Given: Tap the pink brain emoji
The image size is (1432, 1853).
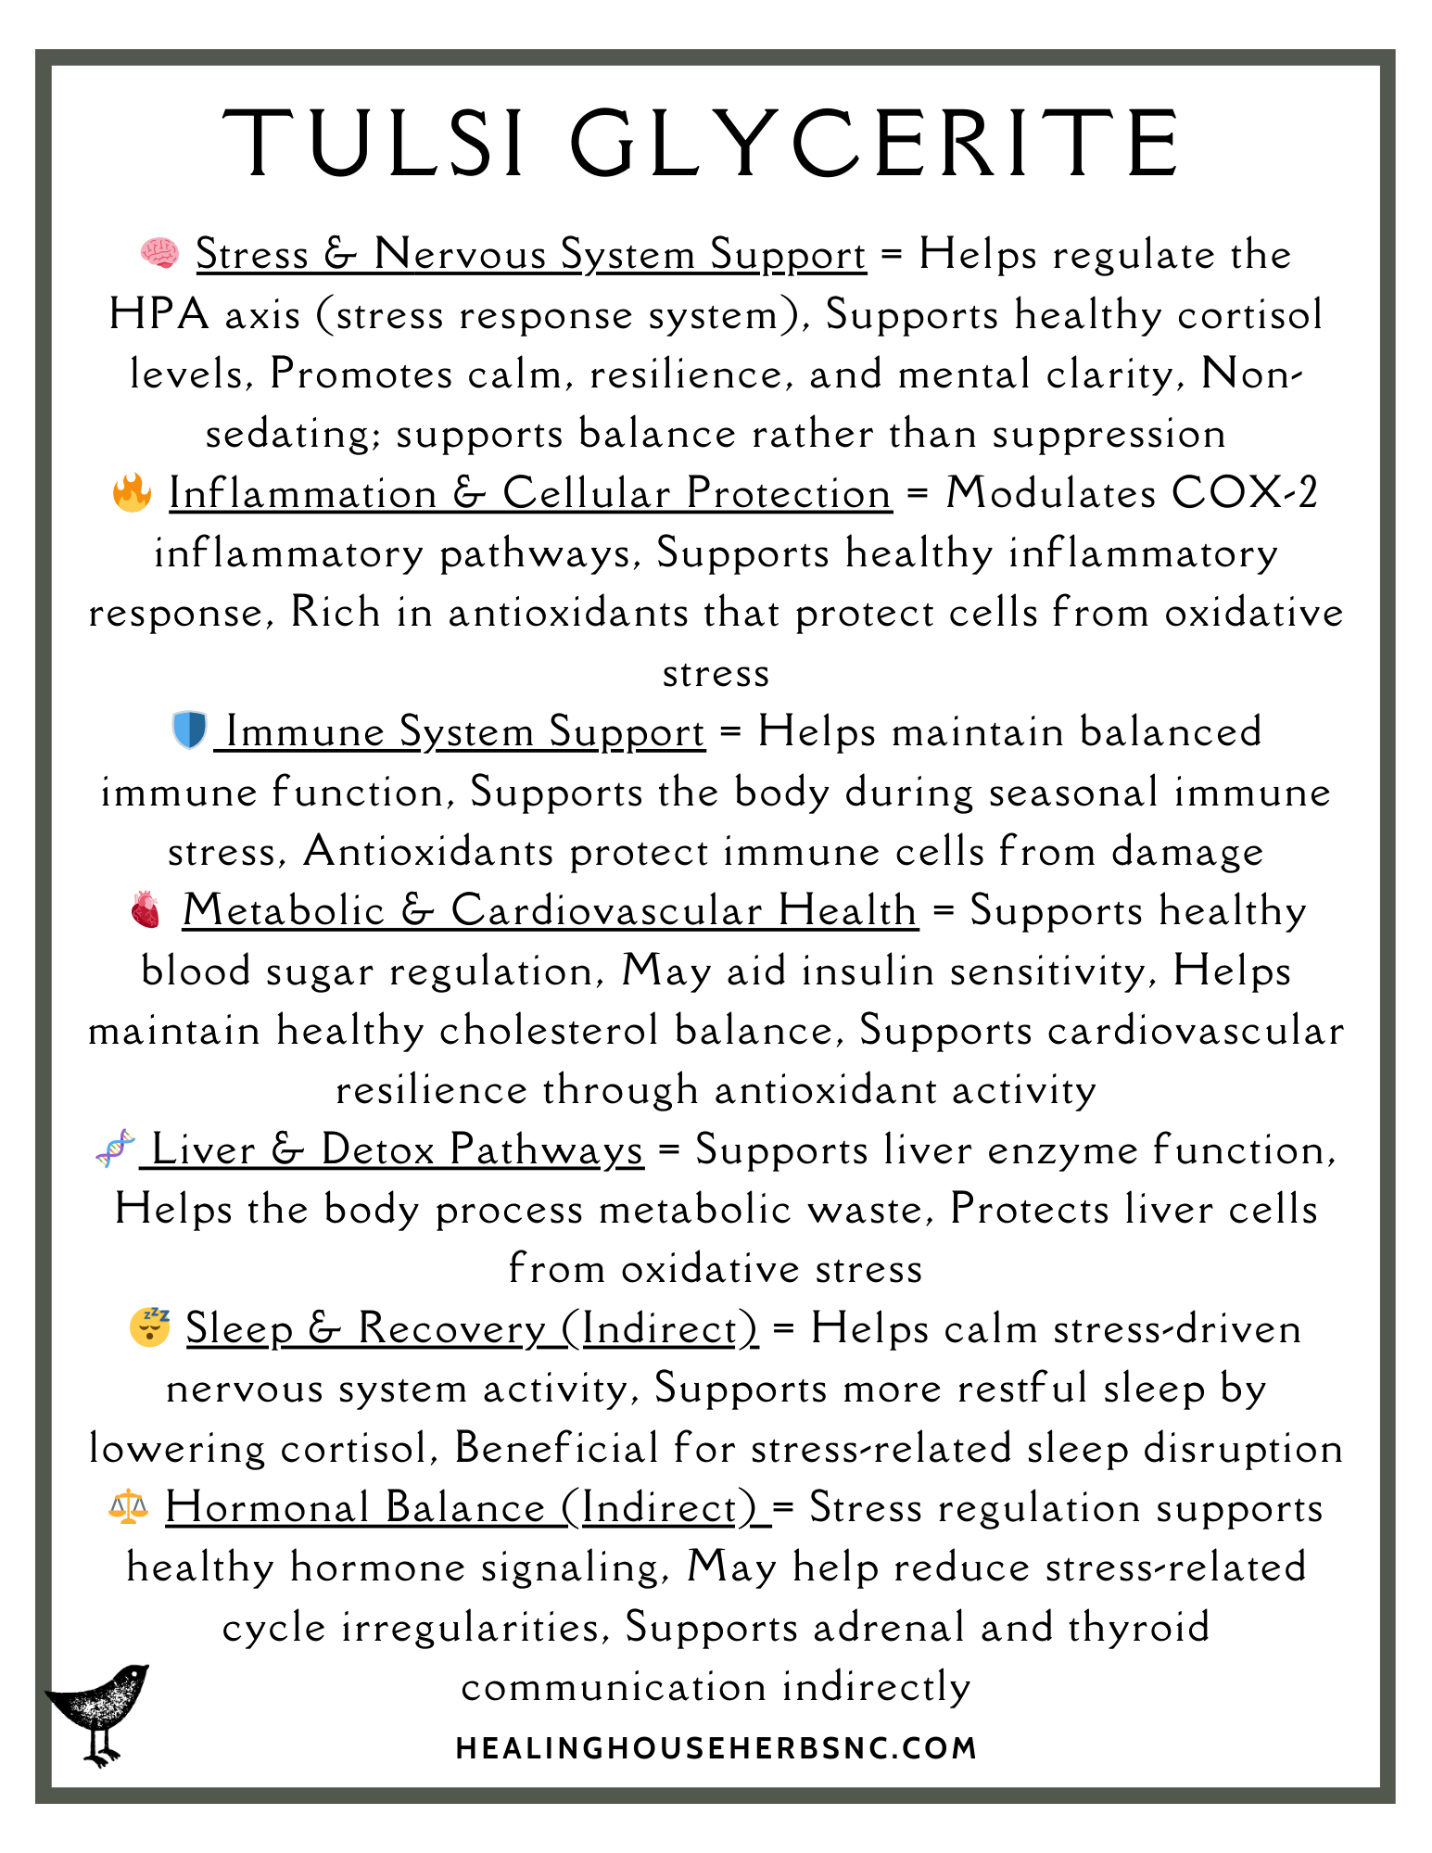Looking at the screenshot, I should coord(159,253).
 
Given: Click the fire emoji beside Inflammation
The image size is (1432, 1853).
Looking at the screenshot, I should coord(132,492).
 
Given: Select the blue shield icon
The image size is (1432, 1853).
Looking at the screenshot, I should coord(189,730).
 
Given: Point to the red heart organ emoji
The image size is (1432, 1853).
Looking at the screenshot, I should coord(146,910).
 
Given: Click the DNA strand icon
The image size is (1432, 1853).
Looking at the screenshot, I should coord(116,1149).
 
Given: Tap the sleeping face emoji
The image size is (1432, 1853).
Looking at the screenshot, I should coord(150,1327).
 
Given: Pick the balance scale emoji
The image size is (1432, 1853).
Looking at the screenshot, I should coord(128,1506).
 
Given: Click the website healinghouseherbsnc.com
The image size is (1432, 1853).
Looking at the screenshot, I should coord(716,1748).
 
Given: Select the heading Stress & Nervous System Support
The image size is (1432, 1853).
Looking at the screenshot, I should coord(531,255).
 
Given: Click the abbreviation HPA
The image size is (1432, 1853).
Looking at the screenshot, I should coord(158,314).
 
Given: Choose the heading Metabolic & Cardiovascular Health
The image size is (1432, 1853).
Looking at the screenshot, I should coord(550,911).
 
